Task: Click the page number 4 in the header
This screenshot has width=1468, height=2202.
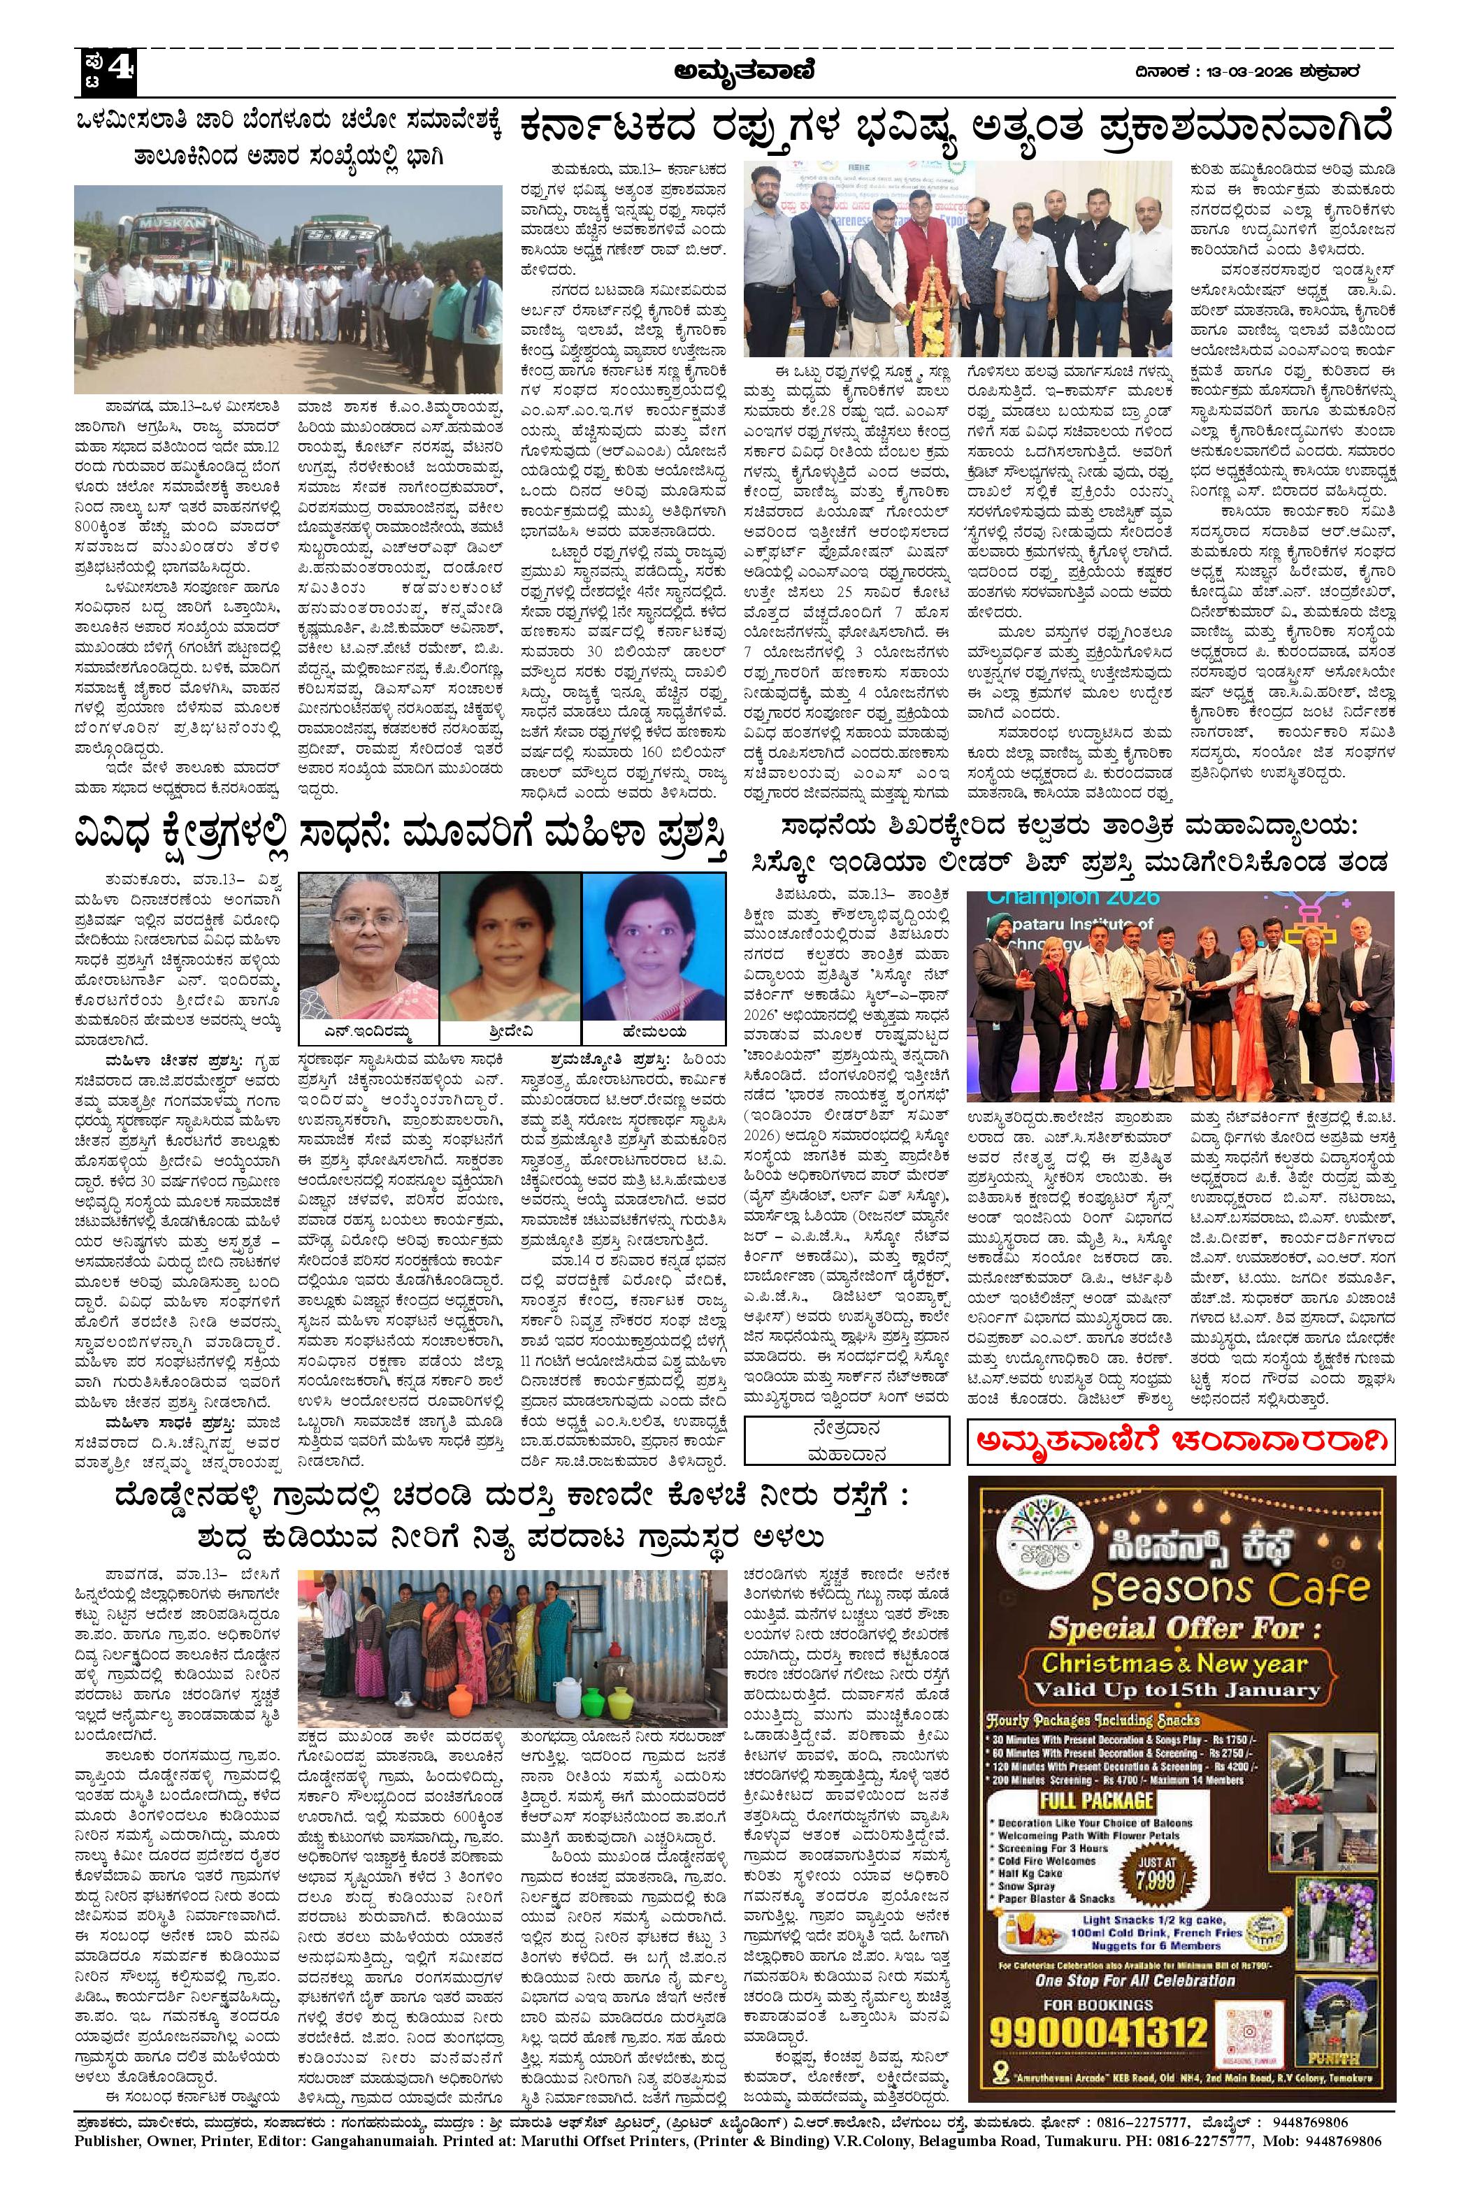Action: [x=122, y=69]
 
